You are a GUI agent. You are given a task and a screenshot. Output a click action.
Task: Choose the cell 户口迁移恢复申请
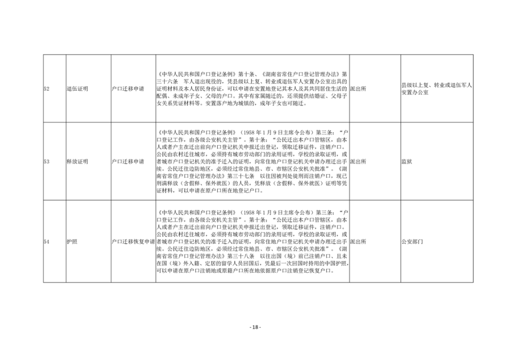pos(133,242)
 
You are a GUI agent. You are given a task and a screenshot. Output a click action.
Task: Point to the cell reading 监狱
pos(406,162)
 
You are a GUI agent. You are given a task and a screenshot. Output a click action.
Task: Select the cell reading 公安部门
pos(413,242)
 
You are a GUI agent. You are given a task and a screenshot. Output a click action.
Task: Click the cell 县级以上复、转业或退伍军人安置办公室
pos(437,89)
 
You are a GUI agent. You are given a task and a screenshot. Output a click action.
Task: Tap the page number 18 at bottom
pos(255,327)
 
